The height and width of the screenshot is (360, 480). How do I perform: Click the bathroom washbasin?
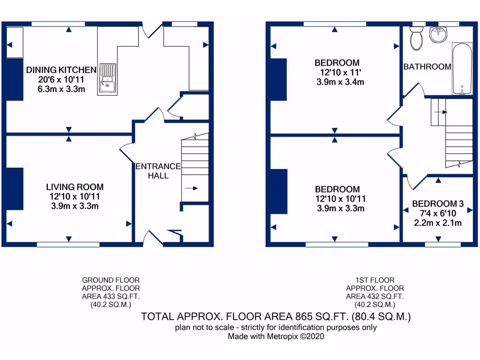[x=439, y=34]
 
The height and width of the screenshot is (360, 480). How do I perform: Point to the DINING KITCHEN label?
[x=61, y=70]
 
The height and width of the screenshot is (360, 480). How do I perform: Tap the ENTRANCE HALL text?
[x=157, y=171]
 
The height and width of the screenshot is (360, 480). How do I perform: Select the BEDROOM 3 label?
[x=438, y=204]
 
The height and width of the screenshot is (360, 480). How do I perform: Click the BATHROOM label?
[x=427, y=67]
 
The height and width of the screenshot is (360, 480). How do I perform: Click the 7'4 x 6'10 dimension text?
[x=438, y=213]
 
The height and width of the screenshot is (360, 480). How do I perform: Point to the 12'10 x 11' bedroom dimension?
[x=337, y=73]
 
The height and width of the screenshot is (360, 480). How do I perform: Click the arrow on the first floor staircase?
[x=441, y=112]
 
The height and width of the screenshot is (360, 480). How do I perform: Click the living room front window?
[x=68, y=244]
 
